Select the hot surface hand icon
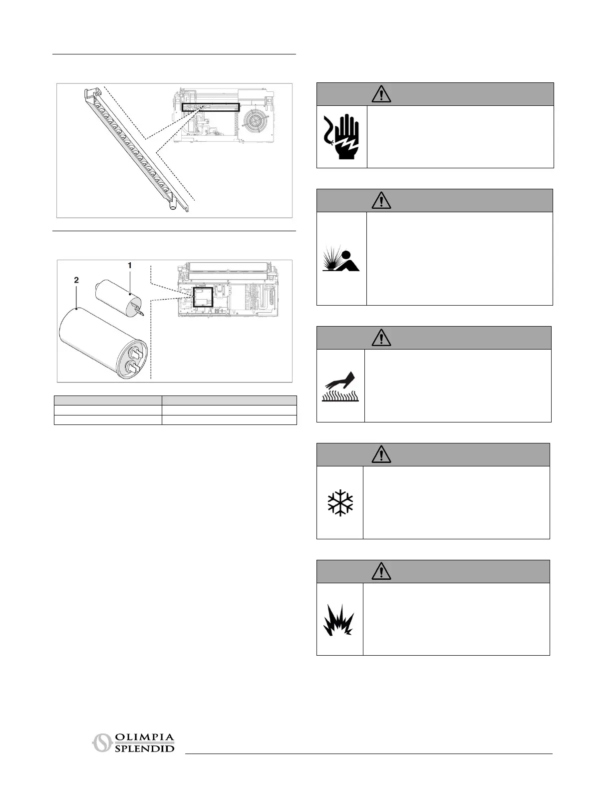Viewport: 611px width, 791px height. tap(340, 387)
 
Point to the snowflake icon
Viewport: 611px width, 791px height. tap(340, 503)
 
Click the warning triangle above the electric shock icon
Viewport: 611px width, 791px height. tap(381, 94)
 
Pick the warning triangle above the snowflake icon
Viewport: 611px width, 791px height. tap(381, 454)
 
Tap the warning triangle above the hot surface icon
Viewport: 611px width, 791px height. tap(381, 338)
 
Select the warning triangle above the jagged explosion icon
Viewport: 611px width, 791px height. tap(381, 571)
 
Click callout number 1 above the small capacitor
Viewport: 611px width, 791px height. tap(130, 266)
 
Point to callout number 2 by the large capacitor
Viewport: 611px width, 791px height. tap(76, 281)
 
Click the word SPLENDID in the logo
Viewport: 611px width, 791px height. tap(144, 749)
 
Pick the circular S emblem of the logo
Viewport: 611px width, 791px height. tap(101, 744)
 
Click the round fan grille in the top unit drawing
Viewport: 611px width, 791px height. tap(255, 123)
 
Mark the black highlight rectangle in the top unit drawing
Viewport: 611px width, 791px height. tap(211, 107)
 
